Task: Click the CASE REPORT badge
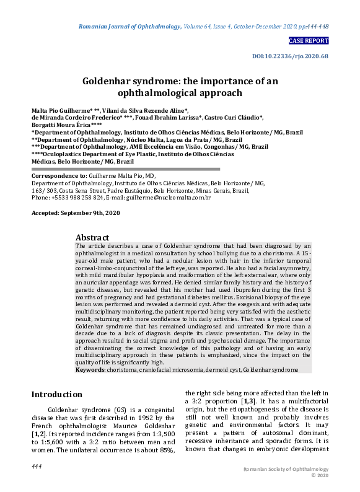[309, 41]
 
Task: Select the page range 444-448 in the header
[315, 27]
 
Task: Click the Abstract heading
[92, 237]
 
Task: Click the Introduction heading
[56, 394]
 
